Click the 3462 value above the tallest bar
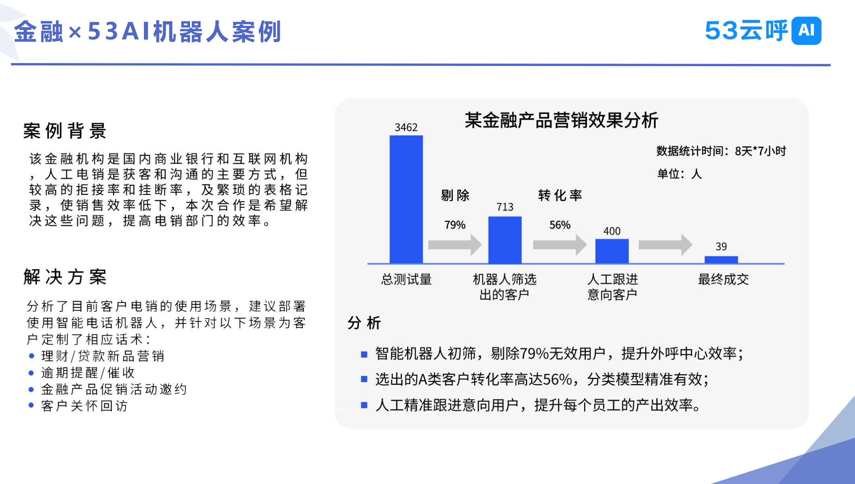pos(406,127)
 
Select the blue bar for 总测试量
pos(406,199)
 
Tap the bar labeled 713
pos(505,240)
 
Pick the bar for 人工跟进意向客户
pos(612,251)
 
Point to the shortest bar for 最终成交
pos(721,260)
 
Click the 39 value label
pos(721,246)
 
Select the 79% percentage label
pos(455,225)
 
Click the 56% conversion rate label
pos(560,225)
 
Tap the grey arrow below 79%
pos(455,245)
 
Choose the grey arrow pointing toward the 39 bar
pos(665,245)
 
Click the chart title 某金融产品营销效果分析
pos(562,120)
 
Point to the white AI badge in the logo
pos(806,30)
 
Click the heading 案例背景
pos(65,131)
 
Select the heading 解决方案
pos(65,277)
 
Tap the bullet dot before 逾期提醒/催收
pos(31,372)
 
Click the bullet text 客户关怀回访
pos(84,406)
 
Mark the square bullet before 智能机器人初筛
pos(364,354)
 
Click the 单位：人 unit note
pos(680,174)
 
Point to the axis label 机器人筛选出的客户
pos(505,287)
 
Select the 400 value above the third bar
pos(612,231)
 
